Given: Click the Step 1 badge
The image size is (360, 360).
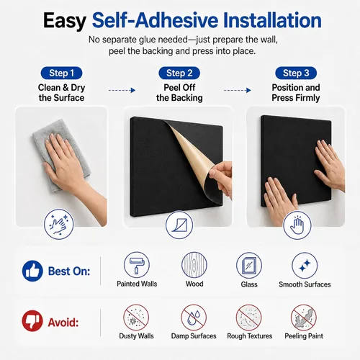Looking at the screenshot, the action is [x=61, y=73].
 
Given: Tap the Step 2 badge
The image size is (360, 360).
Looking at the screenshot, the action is [x=179, y=73].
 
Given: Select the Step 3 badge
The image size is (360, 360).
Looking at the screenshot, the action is [x=296, y=73].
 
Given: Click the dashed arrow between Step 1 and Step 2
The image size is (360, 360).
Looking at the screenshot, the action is [x=122, y=90].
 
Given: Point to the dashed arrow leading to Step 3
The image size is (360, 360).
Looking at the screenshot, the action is [x=238, y=90].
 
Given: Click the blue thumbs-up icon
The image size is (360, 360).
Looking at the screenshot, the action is [x=32, y=271].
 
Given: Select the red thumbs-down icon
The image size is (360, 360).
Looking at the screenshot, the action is [x=32, y=321].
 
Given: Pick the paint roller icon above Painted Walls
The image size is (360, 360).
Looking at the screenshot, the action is [x=137, y=265].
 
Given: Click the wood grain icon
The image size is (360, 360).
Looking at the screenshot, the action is [x=194, y=265].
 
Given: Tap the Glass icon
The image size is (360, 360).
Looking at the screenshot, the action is [x=249, y=265].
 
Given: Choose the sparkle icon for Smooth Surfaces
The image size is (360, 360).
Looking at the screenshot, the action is [x=305, y=265].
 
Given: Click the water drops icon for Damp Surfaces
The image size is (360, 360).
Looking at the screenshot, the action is [x=194, y=318].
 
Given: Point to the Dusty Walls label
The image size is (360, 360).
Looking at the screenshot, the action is [x=136, y=336].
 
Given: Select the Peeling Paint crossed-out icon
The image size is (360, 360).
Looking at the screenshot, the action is [x=304, y=318].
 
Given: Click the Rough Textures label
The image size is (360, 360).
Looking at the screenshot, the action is [x=250, y=336].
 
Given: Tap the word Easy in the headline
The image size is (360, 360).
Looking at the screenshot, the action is [x=65, y=21].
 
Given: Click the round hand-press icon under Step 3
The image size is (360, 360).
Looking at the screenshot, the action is [x=297, y=225].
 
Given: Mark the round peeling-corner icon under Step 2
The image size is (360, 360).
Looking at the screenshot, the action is [x=179, y=225].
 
